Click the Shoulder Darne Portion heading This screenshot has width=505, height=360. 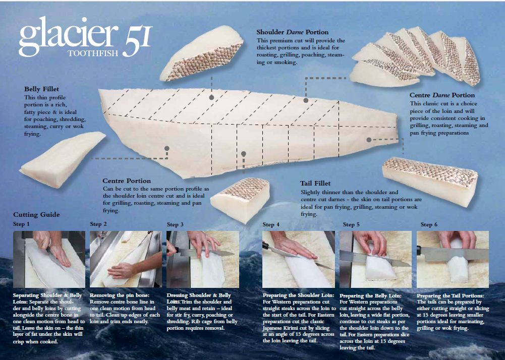293,32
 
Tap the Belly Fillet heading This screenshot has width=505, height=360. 41,89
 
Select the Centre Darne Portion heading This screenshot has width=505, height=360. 442,95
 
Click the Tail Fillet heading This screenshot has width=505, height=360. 315,183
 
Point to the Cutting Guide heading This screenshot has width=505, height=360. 36,214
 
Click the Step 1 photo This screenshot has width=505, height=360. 49,259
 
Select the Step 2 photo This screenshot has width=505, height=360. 126,259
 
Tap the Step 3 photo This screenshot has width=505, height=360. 203,259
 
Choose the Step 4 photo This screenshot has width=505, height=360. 299,259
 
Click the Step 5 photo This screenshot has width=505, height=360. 375,259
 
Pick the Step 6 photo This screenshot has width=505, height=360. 453,259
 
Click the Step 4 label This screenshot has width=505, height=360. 271,224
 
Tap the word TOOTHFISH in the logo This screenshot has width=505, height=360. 93,53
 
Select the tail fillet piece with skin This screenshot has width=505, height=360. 430,181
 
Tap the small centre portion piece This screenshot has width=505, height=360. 240,200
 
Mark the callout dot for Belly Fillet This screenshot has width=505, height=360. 167,148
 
